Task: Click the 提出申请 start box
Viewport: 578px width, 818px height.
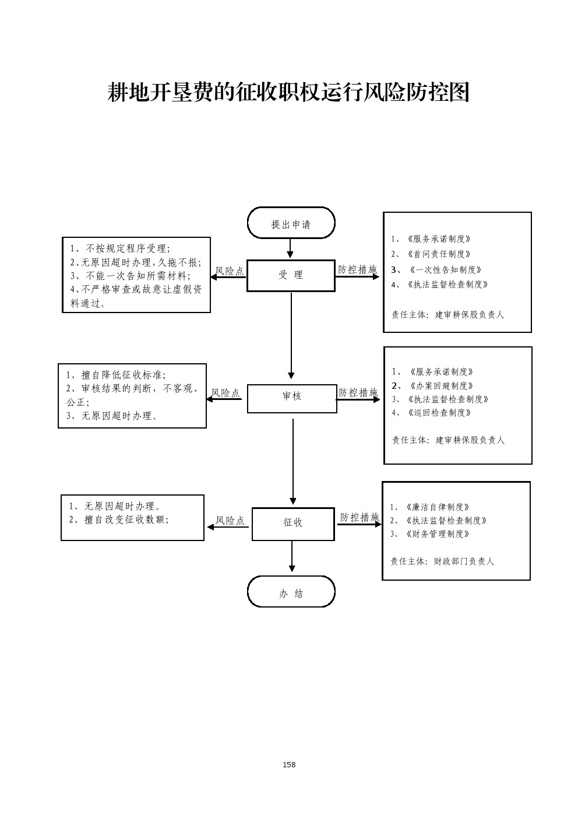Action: click(291, 224)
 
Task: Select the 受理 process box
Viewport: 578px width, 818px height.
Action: click(291, 275)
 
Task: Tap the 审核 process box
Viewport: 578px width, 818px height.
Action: click(292, 396)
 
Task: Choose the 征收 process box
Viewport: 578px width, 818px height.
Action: click(292, 522)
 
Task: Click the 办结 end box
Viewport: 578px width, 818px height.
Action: click(291, 593)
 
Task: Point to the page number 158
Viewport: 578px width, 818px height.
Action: click(289, 764)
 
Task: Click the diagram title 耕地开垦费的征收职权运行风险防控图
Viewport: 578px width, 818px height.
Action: click(289, 92)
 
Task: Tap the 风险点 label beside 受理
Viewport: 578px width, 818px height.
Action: click(230, 271)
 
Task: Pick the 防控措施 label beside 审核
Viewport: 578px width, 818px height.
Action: click(358, 392)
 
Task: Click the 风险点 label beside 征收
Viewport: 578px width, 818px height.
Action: click(230, 521)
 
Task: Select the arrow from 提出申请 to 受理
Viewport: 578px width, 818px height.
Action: click(290, 249)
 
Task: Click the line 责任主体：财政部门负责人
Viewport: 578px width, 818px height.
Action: click(442, 561)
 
